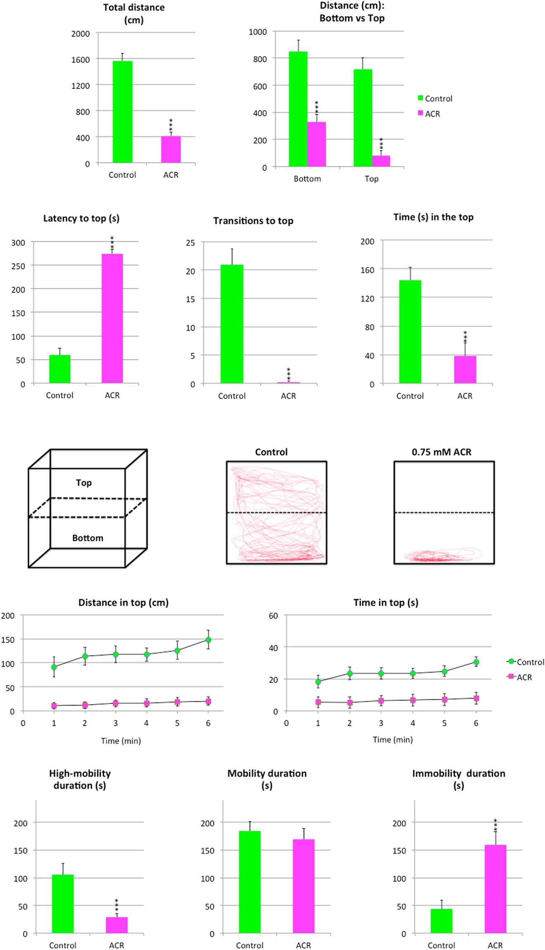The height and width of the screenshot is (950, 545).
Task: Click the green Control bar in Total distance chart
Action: pyautogui.click(x=122, y=112)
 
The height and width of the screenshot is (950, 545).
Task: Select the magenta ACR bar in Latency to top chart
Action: pyautogui.click(x=112, y=318)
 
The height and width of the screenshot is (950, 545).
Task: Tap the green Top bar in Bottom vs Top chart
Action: pyautogui.click(x=363, y=118)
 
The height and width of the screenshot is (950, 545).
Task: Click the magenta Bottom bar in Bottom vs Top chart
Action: pyautogui.click(x=317, y=144)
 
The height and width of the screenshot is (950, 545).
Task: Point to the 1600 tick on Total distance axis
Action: pyautogui.click(x=81, y=59)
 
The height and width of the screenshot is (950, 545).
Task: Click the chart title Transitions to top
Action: pyautogui.click(x=253, y=221)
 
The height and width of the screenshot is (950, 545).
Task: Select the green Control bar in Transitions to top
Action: pyautogui.click(x=232, y=324)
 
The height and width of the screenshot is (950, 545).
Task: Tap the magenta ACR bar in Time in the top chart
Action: pyautogui.click(x=465, y=369)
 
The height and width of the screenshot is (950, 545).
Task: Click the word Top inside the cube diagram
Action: pyautogui.click(x=83, y=482)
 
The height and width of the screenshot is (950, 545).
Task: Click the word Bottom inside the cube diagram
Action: pyautogui.click(x=88, y=538)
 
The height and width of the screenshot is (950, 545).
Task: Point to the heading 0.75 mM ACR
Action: pyautogui.click(x=441, y=452)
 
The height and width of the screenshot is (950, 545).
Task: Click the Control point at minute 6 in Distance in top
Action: pyautogui.click(x=208, y=640)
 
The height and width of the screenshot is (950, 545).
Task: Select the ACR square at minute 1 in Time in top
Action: pyautogui.click(x=318, y=702)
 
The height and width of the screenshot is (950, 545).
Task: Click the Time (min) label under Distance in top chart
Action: pyautogui.click(x=121, y=741)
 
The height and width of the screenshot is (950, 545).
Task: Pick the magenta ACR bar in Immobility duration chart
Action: pyautogui.click(x=495, y=888)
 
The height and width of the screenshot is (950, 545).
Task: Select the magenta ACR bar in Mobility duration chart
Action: pyautogui.click(x=303, y=886)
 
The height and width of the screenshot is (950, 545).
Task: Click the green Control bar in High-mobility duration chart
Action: pyautogui.click(x=63, y=903)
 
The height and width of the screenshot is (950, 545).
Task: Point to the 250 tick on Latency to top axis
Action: pyautogui.click(x=18, y=266)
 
